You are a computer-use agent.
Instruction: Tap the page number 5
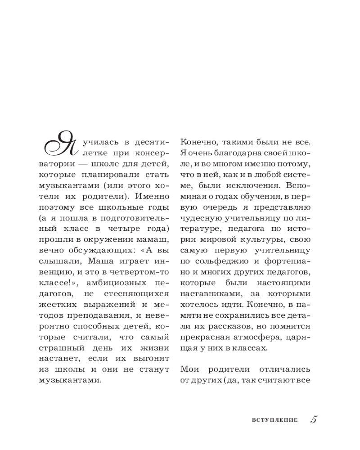click(314, 419)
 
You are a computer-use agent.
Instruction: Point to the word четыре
click(129, 228)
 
